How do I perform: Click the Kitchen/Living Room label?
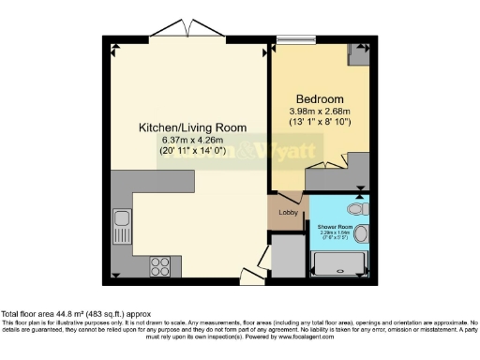click(192, 127)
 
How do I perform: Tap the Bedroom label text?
click(320, 99)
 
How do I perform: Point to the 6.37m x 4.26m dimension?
click(192, 142)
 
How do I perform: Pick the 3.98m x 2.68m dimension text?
click(320, 112)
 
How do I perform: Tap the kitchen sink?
click(121, 225)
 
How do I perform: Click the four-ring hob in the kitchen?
click(158, 264)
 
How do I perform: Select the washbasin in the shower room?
click(361, 234)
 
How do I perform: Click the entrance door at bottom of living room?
click(248, 276)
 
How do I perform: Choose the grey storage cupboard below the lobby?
click(288, 255)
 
